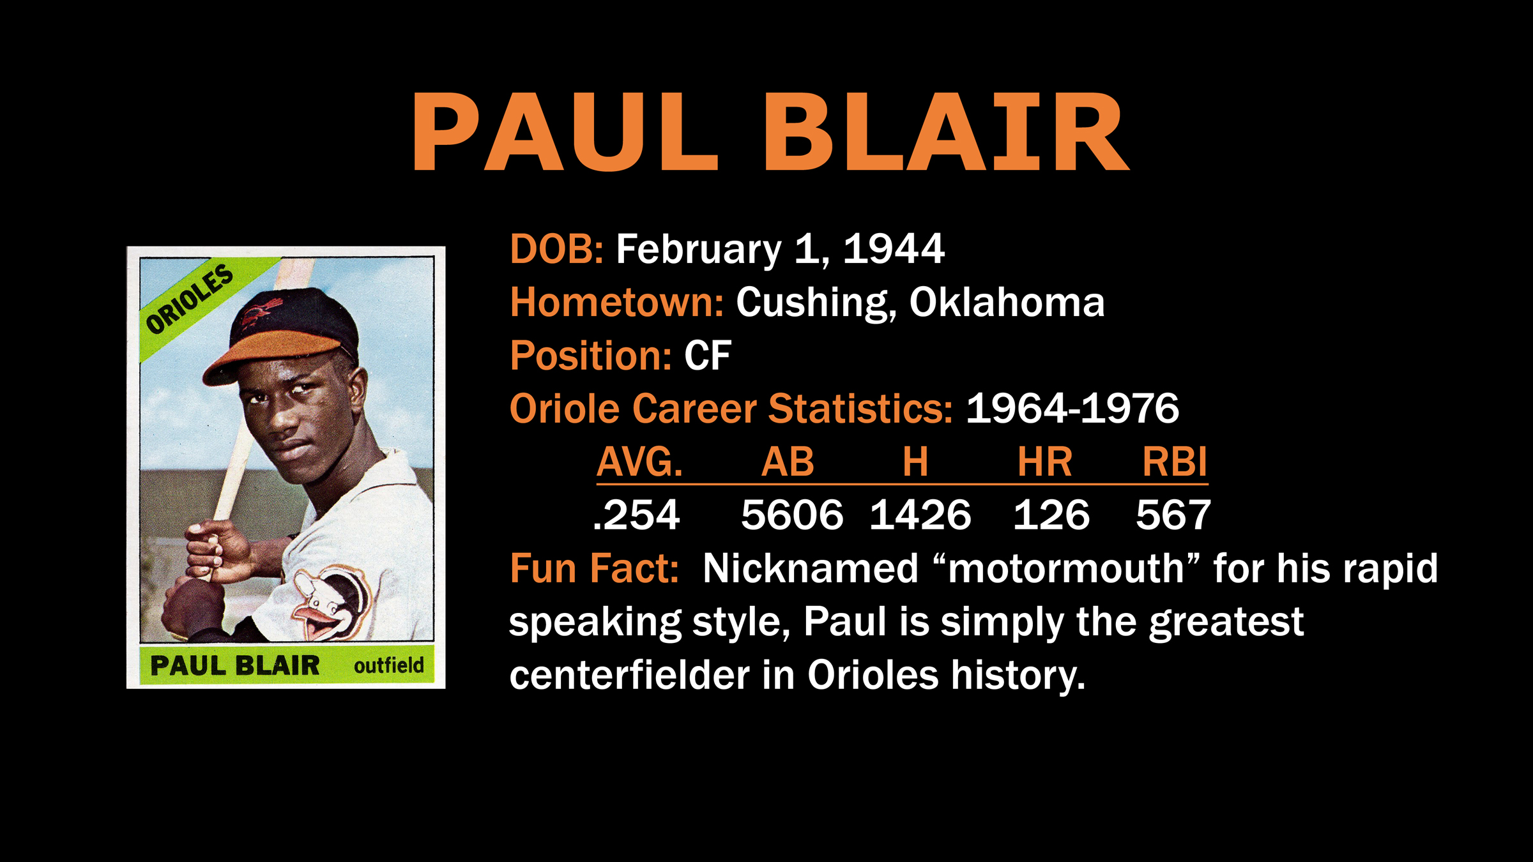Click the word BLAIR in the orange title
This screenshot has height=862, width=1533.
946,132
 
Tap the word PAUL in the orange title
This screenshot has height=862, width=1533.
566,132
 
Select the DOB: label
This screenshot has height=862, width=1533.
556,248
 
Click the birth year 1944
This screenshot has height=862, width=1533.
894,248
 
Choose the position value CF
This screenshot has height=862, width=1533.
708,356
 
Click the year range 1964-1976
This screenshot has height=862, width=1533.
1072,408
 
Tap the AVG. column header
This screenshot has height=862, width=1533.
639,462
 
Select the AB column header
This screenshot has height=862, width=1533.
788,462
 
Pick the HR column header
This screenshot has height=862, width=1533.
1045,462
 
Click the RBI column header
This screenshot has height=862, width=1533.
1175,462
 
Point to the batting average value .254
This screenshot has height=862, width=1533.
636,515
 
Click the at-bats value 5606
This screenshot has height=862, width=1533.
792,515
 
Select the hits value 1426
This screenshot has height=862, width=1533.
920,515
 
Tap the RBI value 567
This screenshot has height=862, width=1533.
1173,515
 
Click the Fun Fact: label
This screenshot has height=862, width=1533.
594,568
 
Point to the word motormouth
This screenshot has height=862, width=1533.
1066,568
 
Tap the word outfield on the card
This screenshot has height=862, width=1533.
388,665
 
